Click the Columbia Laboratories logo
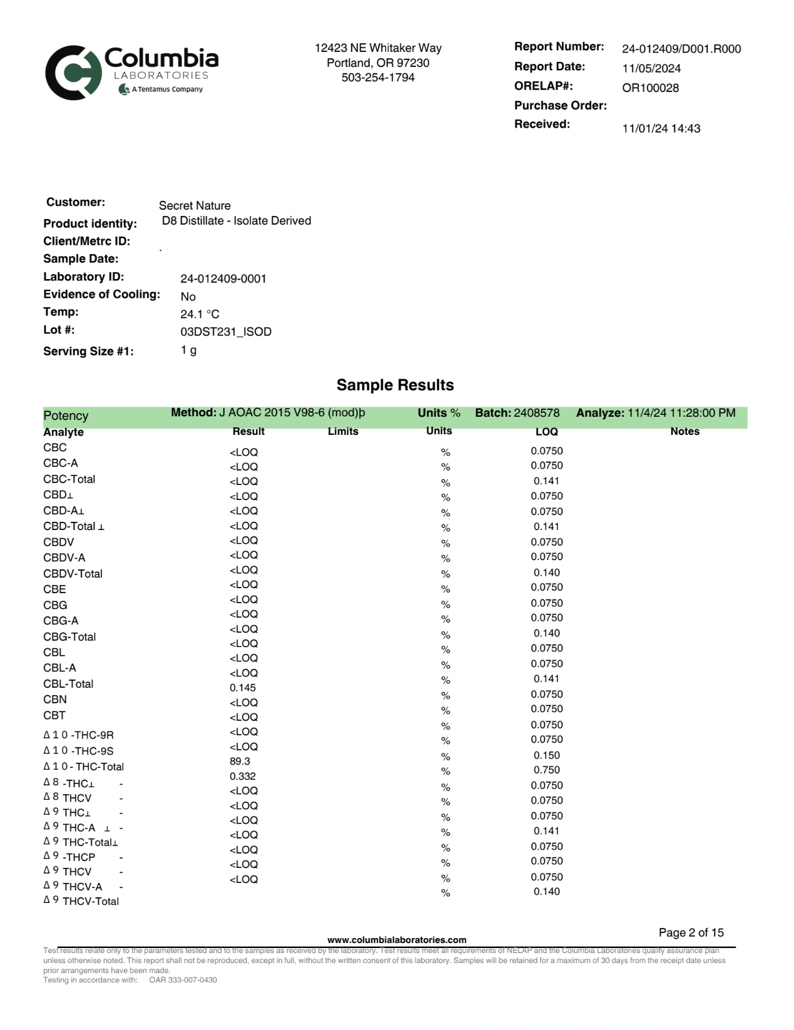[x=131, y=72]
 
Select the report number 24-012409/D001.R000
[x=681, y=49]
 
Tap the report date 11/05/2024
[x=651, y=69]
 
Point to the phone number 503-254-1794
[x=378, y=78]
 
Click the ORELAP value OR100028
[x=650, y=88]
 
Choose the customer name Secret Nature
[x=195, y=206]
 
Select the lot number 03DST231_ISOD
[x=226, y=332]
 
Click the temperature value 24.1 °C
[x=200, y=314]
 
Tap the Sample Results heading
[x=395, y=385]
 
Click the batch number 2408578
[x=536, y=413]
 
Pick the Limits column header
[x=343, y=431]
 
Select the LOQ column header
[x=546, y=432]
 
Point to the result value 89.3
[x=240, y=762]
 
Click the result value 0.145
[x=242, y=688]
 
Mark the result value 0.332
[x=242, y=777]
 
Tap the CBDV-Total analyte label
[x=73, y=574]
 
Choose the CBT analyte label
[x=54, y=715]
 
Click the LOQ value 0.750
[x=546, y=770]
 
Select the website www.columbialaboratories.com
[x=397, y=940]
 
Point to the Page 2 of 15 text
[x=691, y=932]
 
